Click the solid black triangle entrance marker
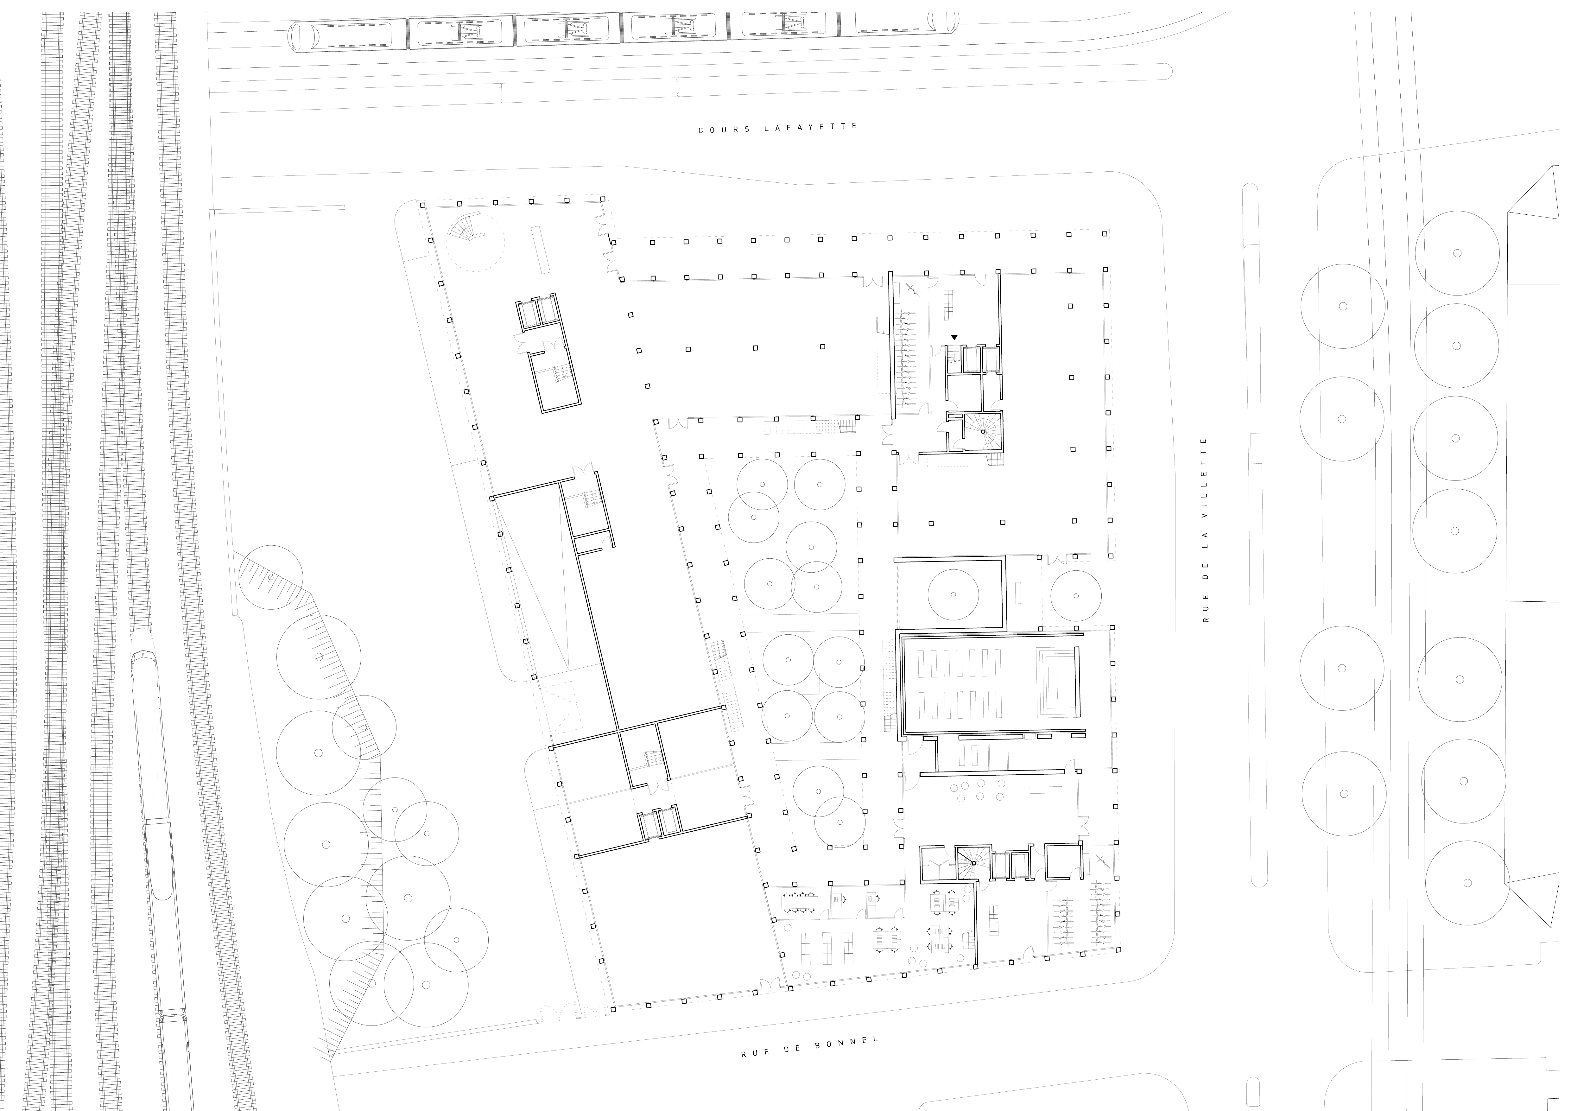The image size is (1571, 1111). (954, 337)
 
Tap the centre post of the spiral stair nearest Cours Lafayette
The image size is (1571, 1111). (983, 432)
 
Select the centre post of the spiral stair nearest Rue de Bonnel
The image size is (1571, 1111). (974, 863)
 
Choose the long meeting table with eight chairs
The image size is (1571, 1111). (800, 902)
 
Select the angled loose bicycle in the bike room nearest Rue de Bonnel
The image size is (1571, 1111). (1101, 860)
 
